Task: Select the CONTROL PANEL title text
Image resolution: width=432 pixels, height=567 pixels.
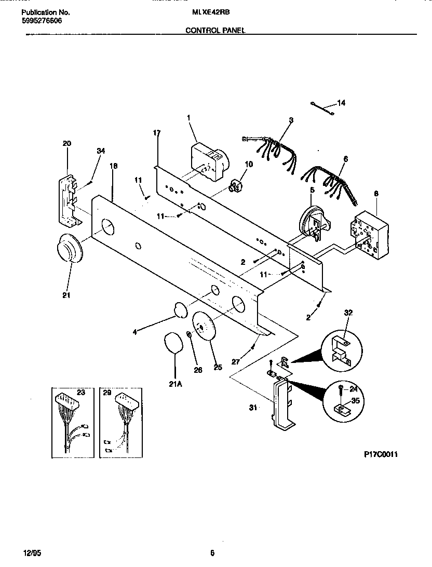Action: point(215,30)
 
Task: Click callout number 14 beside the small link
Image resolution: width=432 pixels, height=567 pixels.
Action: point(341,103)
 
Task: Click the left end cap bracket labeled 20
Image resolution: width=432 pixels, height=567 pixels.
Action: point(67,200)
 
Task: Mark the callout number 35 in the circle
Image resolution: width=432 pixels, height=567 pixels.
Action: point(355,401)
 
